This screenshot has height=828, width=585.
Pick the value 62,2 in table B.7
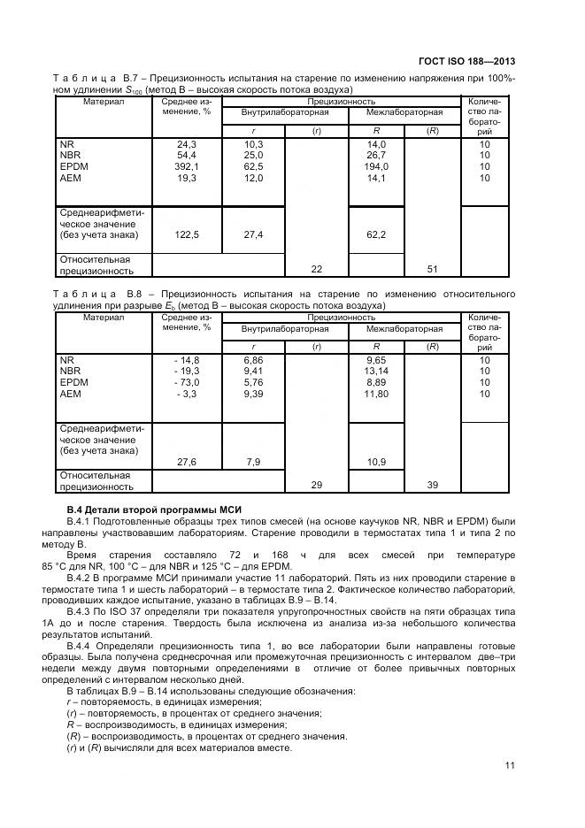pyautogui.click(x=376, y=234)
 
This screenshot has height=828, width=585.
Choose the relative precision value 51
pyautogui.click(x=433, y=270)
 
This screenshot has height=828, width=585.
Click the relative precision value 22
pyautogui.click(x=316, y=270)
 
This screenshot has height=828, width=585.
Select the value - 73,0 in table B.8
pyautogui.click(x=187, y=382)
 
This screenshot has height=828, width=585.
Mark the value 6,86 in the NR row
pyautogui.click(x=254, y=360)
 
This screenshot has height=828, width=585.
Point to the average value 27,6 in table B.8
pyautogui.click(x=187, y=462)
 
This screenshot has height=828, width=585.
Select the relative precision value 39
pyautogui.click(x=433, y=486)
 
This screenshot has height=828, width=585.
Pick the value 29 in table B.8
pyautogui.click(x=316, y=486)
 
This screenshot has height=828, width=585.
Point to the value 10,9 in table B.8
pyautogui.click(x=376, y=462)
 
